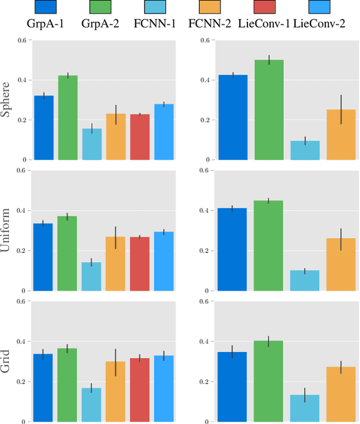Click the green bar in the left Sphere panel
67,118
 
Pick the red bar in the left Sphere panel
140,137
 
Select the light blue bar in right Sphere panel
305,150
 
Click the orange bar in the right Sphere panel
341,135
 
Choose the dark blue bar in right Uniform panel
233,250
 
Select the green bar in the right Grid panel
269,381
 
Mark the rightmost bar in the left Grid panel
164,389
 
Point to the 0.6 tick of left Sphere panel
22,41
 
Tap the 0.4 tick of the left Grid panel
22,342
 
